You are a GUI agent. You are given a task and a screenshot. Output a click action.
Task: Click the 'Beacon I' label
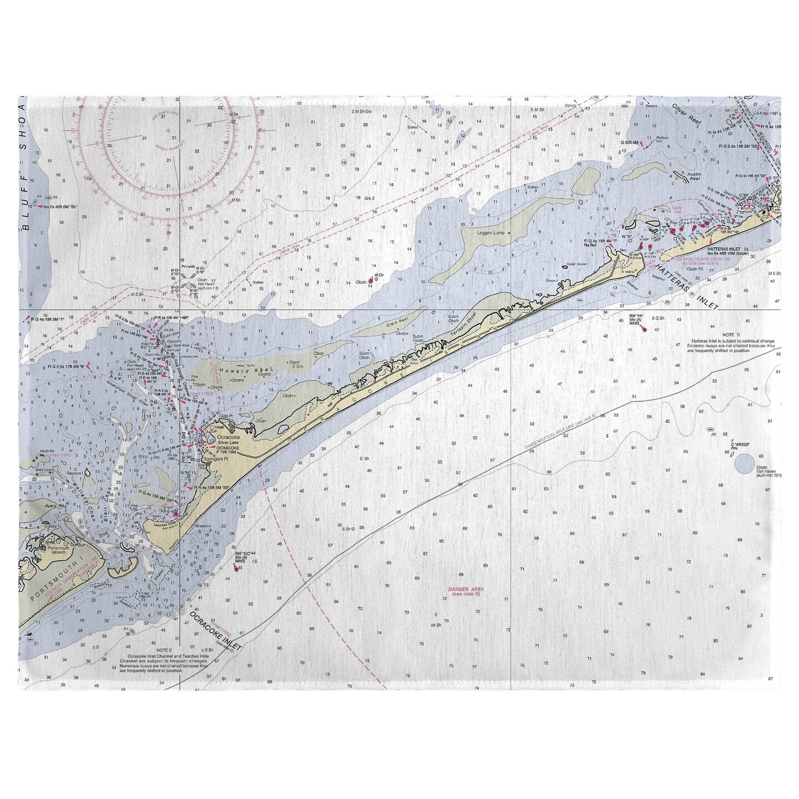click(74, 472)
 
